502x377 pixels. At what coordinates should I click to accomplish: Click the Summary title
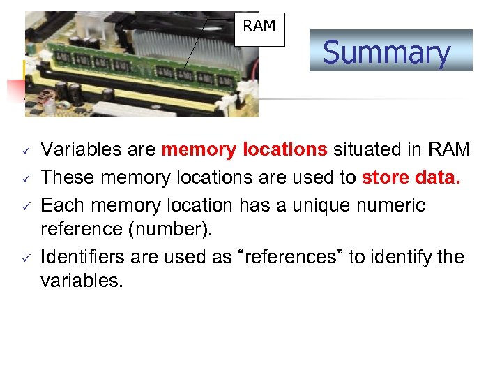(x=386, y=52)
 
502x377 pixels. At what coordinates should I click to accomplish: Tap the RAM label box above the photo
(x=259, y=28)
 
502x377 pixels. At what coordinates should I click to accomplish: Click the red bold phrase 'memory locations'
(x=244, y=149)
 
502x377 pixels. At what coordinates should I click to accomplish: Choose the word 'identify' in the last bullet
(x=404, y=257)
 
